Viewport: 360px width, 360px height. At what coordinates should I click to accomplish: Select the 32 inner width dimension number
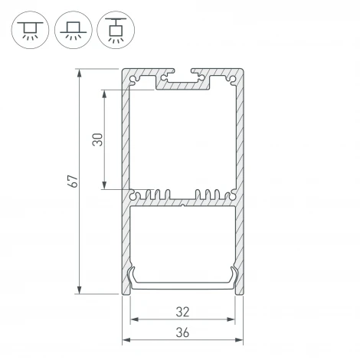tap(182, 311)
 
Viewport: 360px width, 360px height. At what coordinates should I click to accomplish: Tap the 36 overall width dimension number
tap(182, 332)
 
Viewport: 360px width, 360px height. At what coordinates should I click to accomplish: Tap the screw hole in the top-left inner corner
tap(136, 80)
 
